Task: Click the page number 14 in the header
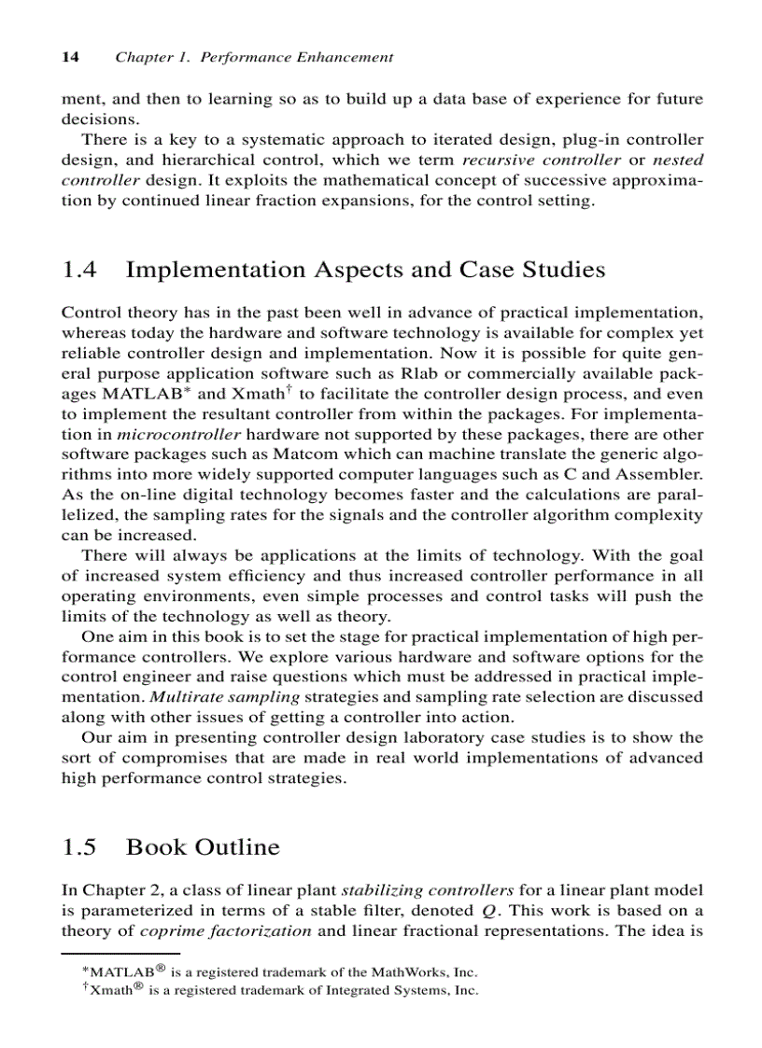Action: tap(69, 58)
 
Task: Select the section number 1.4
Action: tap(79, 271)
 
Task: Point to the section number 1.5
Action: tap(79, 847)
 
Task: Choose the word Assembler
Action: tap(657, 476)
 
